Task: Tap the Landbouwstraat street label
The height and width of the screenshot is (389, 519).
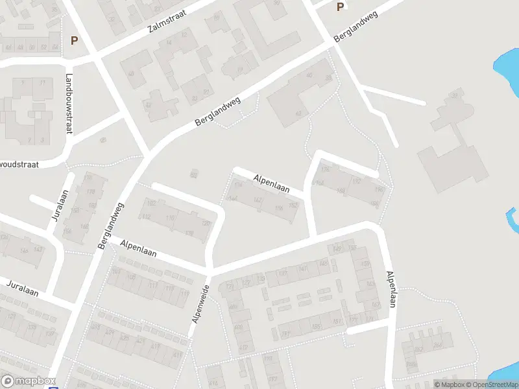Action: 68,104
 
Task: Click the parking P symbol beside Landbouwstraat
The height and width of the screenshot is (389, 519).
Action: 74,40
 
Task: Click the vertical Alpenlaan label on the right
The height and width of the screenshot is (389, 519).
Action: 391,289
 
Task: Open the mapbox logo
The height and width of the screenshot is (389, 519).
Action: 29,381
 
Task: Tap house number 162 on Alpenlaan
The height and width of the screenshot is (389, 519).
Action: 258,200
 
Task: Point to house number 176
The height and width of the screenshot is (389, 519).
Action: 325,170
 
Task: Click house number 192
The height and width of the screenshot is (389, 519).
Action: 356,182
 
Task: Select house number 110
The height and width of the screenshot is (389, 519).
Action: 171,218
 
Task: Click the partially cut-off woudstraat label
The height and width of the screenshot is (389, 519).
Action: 19,165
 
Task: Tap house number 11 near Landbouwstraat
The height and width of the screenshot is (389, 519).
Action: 43,83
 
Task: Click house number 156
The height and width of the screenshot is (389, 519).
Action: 279,207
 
